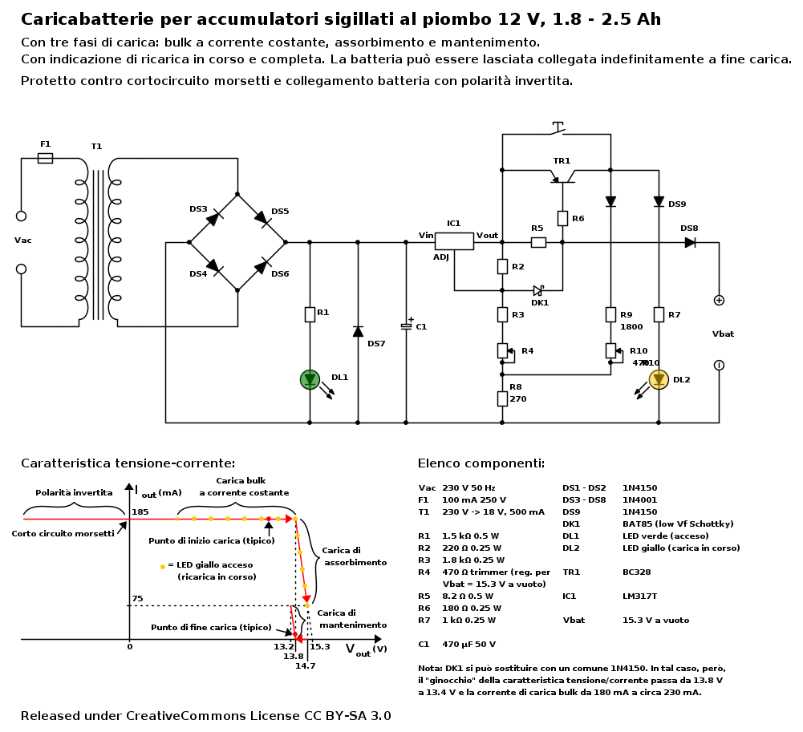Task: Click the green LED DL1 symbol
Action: click(310, 379)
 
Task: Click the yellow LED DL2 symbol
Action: click(659, 379)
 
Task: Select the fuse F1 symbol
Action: click(45, 158)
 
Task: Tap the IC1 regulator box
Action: click(454, 241)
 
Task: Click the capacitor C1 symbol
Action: click(406, 326)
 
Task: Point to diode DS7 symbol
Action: click(358, 331)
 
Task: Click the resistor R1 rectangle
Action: click(310, 314)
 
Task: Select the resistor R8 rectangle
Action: click(502, 398)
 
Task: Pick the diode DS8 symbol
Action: click(690, 242)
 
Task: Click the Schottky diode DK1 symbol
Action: click(538, 290)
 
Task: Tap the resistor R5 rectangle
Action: click(538, 242)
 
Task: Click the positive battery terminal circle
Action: click(719, 300)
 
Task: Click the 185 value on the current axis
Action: click(140, 512)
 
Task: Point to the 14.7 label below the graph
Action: click(305, 665)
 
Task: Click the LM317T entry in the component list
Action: click(639, 597)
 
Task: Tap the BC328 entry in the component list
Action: click(636, 572)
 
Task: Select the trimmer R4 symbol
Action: click(502, 350)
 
